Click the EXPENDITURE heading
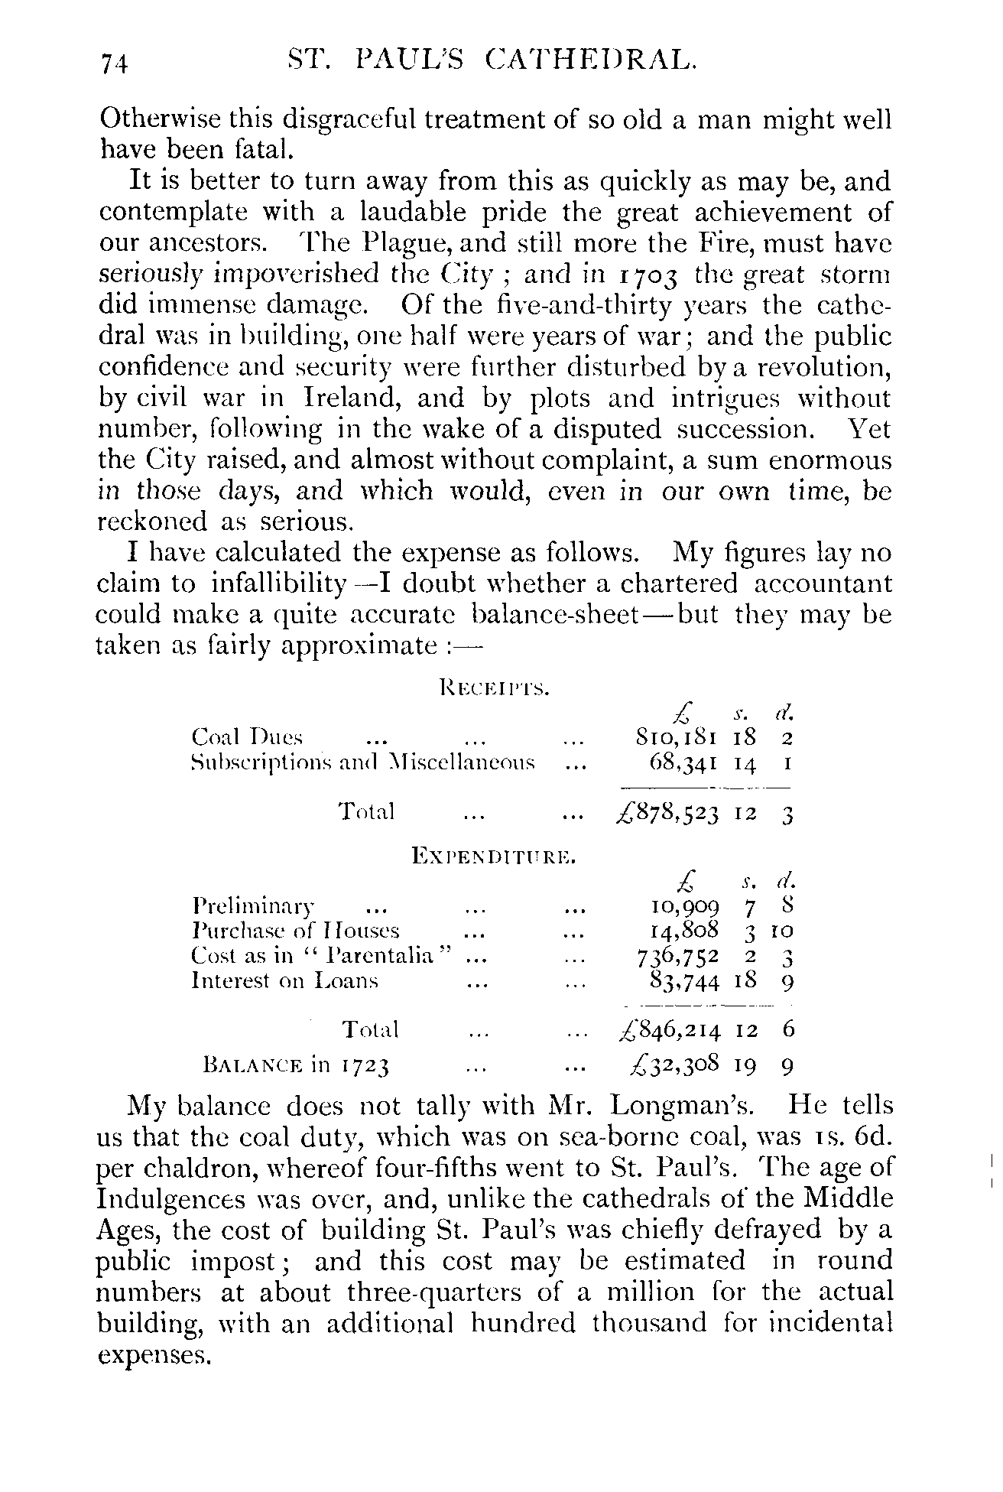click(493, 856)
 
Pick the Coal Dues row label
click(247, 738)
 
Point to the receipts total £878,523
click(667, 813)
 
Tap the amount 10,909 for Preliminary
click(683, 908)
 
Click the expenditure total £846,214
click(668, 1031)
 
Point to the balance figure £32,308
click(668, 1065)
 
